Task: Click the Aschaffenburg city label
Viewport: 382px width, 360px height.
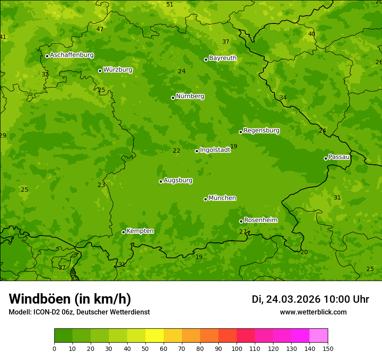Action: click(x=72, y=55)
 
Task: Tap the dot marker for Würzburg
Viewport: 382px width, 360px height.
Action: click(x=100, y=71)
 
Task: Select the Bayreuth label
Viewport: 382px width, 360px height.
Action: click(x=223, y=58)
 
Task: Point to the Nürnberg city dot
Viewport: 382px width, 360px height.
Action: click(x=173, y=98)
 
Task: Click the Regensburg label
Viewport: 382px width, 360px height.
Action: click(x=261, y=131)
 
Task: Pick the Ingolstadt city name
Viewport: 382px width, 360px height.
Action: click(x=215, y=150)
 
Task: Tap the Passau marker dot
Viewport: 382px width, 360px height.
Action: click(x=326, y=158)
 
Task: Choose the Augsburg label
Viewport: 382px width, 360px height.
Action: click(x=178, y=180)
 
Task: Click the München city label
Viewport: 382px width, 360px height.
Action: click(x=222, y=198)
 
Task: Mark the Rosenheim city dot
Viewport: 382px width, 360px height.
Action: click(x=241, y=221)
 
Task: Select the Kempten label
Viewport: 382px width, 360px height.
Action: click(x=140, y=231)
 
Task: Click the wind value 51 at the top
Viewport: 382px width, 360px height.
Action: click(x=170, y=5)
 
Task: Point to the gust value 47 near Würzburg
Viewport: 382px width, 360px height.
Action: click(x=100, y=29)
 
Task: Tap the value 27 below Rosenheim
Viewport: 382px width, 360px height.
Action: click(x=243, y=232)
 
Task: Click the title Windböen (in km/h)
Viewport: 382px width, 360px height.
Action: click(x=70, y=299)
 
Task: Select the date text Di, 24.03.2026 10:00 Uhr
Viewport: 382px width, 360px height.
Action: click(x=310, y=299)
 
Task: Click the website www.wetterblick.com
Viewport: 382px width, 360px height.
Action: click(x=313, y=312)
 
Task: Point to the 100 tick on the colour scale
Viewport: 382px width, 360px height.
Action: click(x=237, y=348)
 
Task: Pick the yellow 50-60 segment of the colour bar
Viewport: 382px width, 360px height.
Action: click(x=155, y=336)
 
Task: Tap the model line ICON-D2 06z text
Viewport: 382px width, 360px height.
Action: click(x=79, y=312)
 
